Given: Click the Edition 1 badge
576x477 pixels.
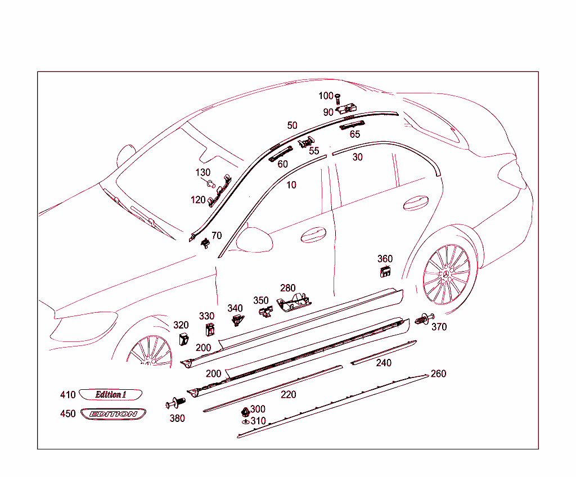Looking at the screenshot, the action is pos(110,394).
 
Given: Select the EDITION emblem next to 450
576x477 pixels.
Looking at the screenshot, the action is pos(113,414).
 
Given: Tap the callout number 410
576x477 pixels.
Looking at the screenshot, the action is pos(67,395).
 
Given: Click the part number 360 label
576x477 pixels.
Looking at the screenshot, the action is pos(385,259).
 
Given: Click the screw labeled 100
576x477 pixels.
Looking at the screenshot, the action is pos(337,100).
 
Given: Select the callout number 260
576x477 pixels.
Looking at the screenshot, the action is pos(438,373).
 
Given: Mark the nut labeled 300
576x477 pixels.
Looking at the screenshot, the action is pos(245,409).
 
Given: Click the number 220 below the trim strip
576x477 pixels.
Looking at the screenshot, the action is pos(288,394).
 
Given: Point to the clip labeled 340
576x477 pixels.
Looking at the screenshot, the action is pos(237,320).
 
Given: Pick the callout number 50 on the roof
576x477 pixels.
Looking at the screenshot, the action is pos(292,125).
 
